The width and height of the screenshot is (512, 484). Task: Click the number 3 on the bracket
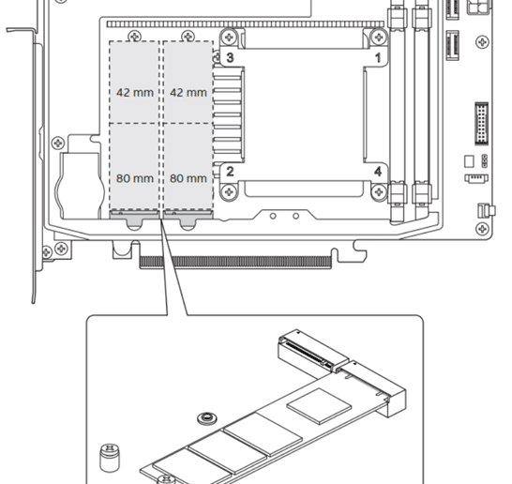pos(230,57)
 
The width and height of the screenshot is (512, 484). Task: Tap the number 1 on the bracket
pos(378,58)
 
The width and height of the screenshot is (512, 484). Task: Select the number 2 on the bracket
pos(230,171)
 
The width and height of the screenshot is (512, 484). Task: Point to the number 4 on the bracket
pos(378,171)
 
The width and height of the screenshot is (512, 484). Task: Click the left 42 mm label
pos(135,93)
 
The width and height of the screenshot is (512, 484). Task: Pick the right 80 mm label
pos(188,178)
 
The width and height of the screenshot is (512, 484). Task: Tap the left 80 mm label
pos(135,178)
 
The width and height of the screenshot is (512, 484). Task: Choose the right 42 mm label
pos(188,93)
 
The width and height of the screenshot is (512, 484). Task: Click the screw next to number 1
pos(379,37)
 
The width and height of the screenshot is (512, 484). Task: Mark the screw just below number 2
pos(229,191)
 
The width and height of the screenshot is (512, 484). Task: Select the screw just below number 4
pos(379,191)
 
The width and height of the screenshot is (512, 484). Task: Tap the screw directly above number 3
pos(229,37)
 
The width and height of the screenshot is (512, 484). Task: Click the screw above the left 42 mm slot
pos(135,36)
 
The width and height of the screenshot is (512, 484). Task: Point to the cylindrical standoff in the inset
pos(109,458)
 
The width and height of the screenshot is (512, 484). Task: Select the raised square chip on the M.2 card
pos(319,406)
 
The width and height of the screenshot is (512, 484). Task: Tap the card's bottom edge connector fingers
pos(235,262)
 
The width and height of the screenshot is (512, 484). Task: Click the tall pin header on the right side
pos(481,124)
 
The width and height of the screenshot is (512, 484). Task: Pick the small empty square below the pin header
pos(469,161)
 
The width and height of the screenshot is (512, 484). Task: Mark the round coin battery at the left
pos(81,186)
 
